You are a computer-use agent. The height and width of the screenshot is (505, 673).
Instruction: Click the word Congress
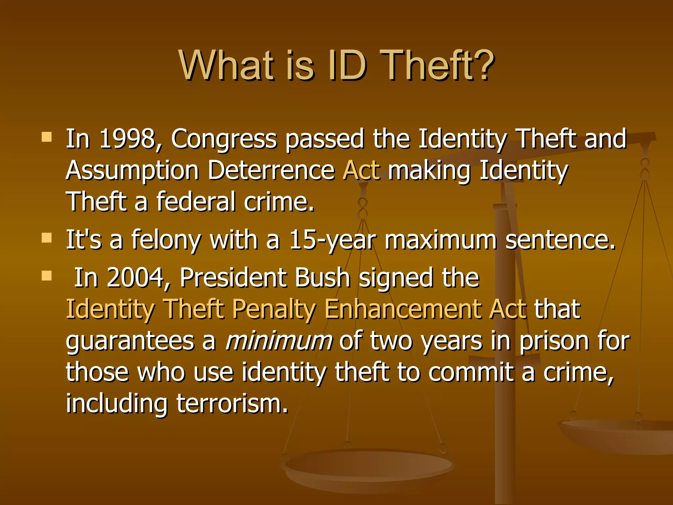224,139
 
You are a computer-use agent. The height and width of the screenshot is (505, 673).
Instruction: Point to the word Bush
322,278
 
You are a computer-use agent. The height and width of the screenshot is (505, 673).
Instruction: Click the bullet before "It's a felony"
47,238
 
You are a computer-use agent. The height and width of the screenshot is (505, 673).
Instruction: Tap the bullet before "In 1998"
47,137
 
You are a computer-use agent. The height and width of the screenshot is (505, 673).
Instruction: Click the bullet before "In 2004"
47,276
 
